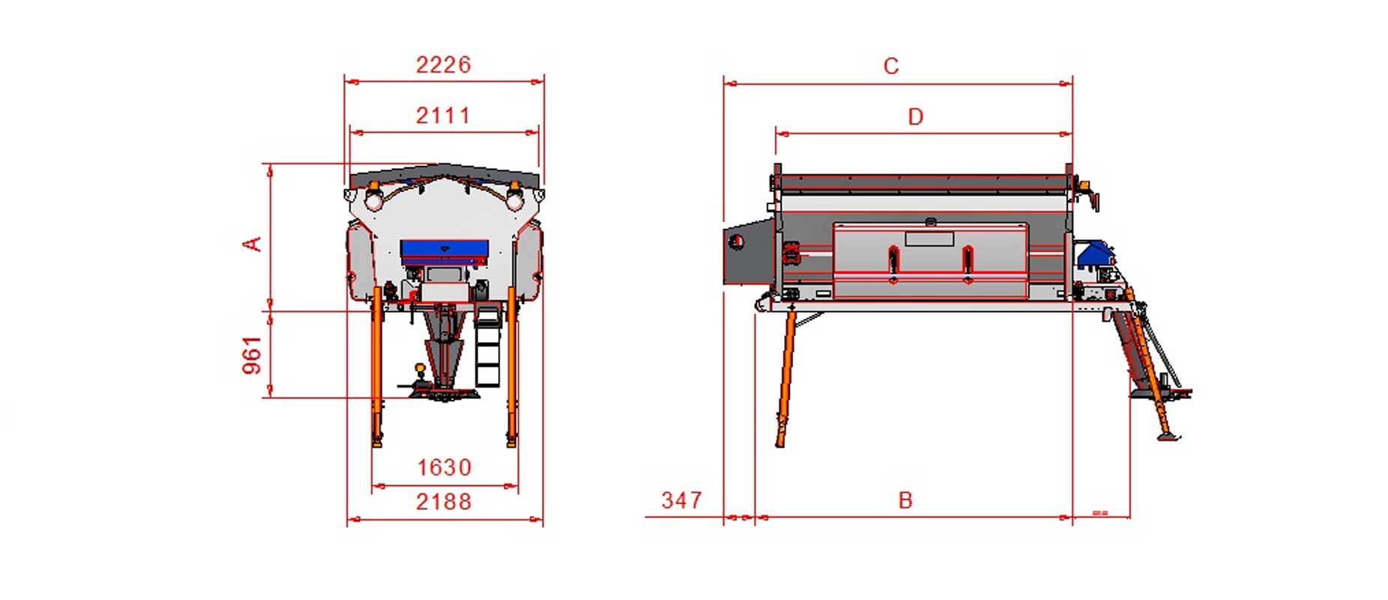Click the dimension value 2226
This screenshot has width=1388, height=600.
click(444, 64)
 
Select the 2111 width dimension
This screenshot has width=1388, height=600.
click(444, 115)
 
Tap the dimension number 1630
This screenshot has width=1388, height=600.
click(444, 467)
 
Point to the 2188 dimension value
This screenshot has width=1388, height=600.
click(444, 501)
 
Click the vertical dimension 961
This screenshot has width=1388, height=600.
click(253, 355)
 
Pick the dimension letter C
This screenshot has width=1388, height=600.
click(890, 66)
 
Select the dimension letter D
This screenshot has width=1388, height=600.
click(915, 117)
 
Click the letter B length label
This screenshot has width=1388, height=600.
click(905, 500)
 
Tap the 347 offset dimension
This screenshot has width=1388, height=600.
click(681, 500)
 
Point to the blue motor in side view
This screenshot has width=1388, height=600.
click(1095, 253)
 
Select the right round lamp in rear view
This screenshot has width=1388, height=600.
click(514, 199)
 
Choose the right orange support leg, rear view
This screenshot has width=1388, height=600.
click(512, 367)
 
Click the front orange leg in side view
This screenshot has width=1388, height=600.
click(785, 379)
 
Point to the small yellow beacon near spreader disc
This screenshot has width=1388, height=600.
click(420, 369)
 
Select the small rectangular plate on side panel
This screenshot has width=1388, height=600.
click(929, 239)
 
